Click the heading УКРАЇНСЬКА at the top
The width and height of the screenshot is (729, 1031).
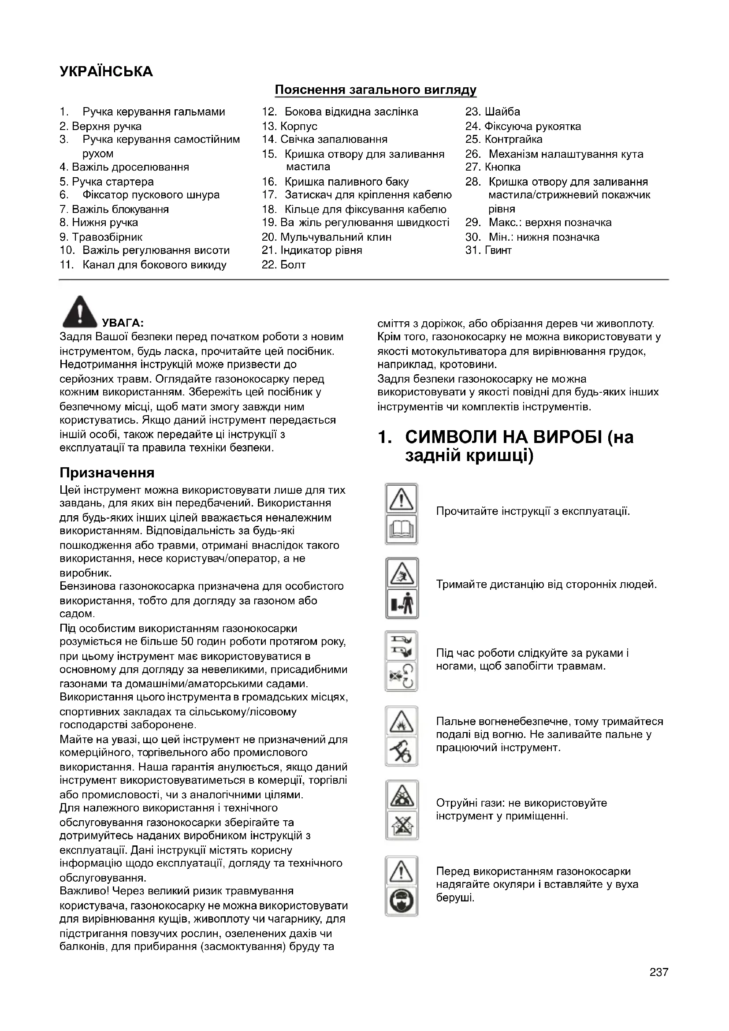(106, 72)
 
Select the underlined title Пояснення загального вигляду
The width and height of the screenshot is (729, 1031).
(375, 90)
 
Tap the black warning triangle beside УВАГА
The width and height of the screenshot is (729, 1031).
(80, 312)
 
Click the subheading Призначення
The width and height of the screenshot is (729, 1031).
(107, 473)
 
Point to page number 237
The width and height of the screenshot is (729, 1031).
(658, 972)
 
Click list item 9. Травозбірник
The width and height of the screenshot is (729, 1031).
(101, 237)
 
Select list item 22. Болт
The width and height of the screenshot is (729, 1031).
(283, 265)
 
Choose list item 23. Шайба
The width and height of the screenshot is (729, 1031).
(492, 112)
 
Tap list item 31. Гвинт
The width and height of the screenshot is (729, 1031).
(488, 250)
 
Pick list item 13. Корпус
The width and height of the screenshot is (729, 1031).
(290, 127)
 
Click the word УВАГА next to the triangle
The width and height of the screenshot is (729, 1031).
(123, 323)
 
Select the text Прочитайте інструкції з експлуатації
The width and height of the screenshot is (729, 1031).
(533, 511)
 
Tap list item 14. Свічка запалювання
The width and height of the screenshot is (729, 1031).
(324, 140)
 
